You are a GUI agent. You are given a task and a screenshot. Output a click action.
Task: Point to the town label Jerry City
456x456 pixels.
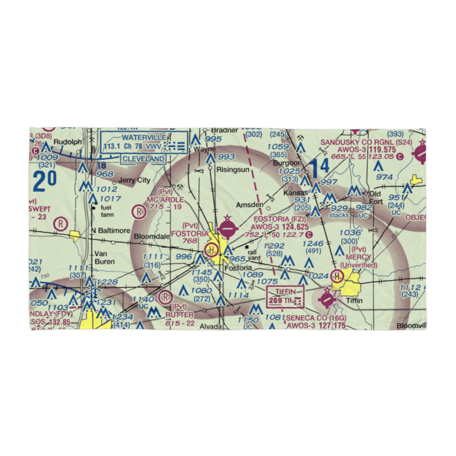coord(134,180)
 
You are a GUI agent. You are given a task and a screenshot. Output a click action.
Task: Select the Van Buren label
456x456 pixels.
coord(105,258)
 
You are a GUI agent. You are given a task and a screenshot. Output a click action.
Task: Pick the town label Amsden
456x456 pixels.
coord(250,205)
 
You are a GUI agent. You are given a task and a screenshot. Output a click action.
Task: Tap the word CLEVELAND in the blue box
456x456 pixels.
coord(143,159)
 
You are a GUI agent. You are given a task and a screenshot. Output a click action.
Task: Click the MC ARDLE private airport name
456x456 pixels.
coord(165,200)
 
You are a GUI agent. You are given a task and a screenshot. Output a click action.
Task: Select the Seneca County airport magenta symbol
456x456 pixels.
coord(327,300)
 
